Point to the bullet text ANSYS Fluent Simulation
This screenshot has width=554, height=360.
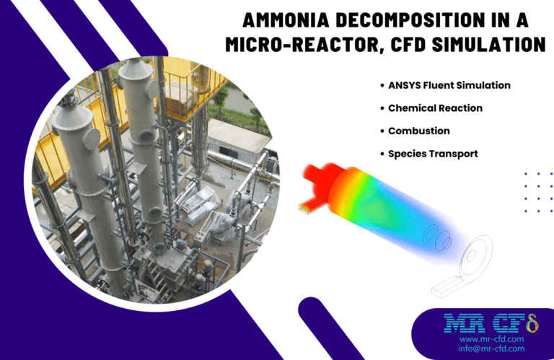coord(449,85)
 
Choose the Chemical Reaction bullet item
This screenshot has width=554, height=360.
coord(435,108)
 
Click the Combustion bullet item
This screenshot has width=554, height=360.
coord(418,131)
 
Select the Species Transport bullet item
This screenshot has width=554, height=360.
coord(433,154)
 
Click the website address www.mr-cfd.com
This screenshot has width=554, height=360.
coord(491,338)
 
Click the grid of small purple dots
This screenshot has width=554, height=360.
coord(538,192)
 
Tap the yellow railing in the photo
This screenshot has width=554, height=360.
coord(180,87)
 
